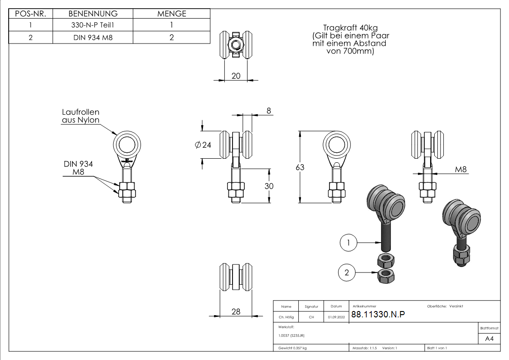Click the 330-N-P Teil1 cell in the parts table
[x=93, y=26]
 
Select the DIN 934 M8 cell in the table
[x=93, y=38]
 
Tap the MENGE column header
[x=172, y=14]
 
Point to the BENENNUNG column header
[x=93, y=14]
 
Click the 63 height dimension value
[x=300, y=167]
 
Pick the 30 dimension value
[x=269, y=186]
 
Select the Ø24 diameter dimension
[x=203, y=145]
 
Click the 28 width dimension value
[x=236, y=311]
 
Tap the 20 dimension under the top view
[x=236, y=76]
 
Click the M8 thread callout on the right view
[x=461, y=170]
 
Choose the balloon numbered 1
[x=348, y=243]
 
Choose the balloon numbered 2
[x=347, y=272]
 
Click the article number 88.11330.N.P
[x=378, y=315]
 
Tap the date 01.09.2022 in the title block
[x=336, y=317]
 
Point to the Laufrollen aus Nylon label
[x=80, y=116]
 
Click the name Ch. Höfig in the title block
[x=286, y=317]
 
